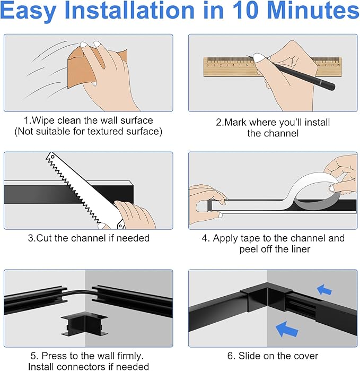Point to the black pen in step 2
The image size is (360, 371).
[293, 72]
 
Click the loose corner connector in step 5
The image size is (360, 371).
[84, 325]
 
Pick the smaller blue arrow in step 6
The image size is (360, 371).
[324, 290]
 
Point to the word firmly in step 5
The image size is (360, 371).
[130, 356]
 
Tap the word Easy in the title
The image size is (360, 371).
[28, 11]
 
